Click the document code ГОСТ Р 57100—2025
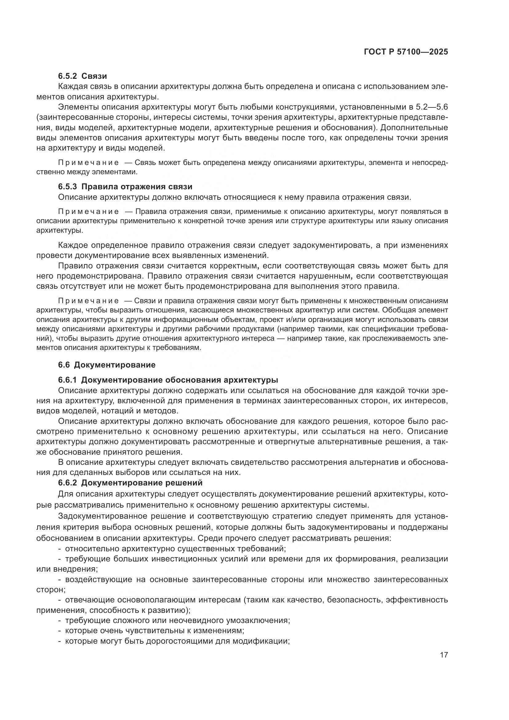click(406, 52)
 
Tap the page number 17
click(444, 655)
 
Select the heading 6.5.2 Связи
click(82, 76)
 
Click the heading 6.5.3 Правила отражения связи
click(125, 187)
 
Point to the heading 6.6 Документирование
click(106, 365)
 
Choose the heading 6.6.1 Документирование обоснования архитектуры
click(168, 380)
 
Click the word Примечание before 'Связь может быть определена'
click(88, 163)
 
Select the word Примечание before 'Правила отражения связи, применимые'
click(88, 212)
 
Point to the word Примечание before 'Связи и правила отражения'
click(88, 301)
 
